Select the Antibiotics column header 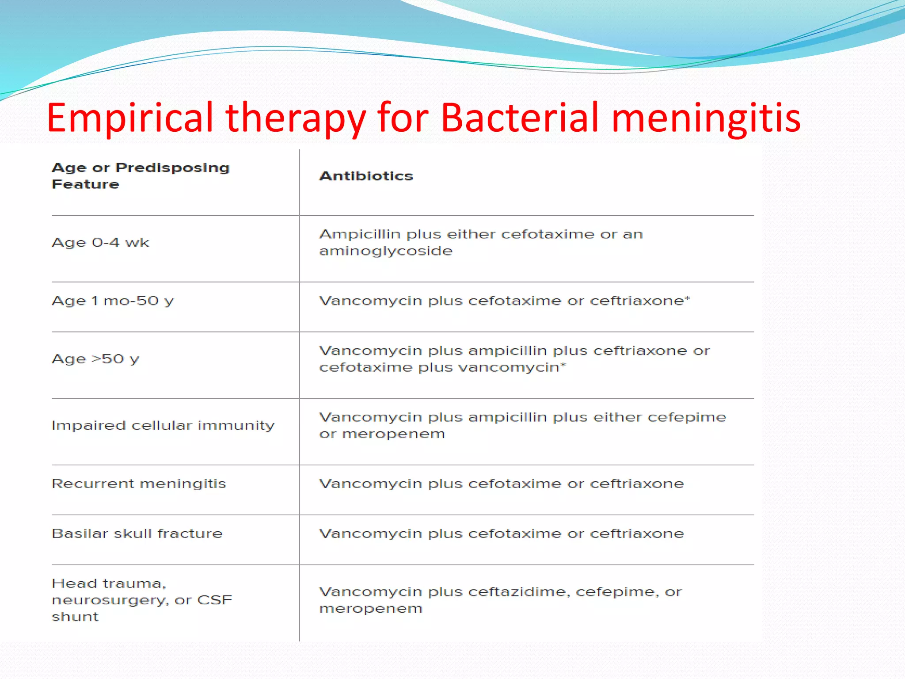pos(366,176)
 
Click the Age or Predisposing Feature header pos(141,175)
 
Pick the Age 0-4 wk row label pos(100,242)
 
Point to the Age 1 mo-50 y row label pos(113,301)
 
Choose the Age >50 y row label pos(95,359)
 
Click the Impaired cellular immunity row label pos(163,425)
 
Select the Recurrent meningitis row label pos(139,483)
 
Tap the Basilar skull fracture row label pos(137,533)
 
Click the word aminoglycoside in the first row pos(386,251)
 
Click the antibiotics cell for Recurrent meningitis pos(501,483)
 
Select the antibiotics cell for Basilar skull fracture pos(501,533)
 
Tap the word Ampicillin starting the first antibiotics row pos(359,234)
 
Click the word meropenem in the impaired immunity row pos(393,434)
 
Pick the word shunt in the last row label pos(75,616)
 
